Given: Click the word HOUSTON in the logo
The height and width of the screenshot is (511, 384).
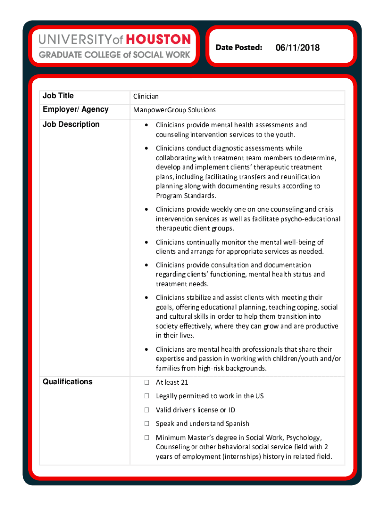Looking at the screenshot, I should [159, 39].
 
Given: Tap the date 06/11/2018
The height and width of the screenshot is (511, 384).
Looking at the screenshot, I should [297, 48].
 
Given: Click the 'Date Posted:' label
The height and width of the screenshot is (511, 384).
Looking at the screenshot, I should [239, 48].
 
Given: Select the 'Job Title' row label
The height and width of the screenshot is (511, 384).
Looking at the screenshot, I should [58, 96].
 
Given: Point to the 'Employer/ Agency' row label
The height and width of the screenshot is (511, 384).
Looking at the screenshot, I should [75, 110].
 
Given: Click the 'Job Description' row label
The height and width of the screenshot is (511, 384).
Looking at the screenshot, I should [71, 124].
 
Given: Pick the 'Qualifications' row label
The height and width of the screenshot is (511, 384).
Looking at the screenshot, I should [67, 382].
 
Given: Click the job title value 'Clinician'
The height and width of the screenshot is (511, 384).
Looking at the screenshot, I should [146, 96].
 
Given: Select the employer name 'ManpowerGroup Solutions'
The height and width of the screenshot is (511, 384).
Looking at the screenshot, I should [174, 110].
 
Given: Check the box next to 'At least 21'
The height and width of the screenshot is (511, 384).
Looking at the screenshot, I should [147, 383].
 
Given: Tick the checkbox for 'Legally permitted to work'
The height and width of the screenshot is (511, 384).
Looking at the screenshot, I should [147, 396].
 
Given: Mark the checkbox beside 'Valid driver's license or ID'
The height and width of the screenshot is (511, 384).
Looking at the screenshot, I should [147, 410].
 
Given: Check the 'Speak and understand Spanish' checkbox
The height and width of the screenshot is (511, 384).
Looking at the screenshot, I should [147, 424].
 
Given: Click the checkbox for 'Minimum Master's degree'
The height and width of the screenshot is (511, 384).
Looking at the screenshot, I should [147, 438].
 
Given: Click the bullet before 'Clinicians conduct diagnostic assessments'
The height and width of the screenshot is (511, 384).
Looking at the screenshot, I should [146, 148].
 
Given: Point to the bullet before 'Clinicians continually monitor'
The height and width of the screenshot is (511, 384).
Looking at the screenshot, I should [146, 242].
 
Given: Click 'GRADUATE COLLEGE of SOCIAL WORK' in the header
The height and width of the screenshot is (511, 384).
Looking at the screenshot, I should [114, 55].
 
